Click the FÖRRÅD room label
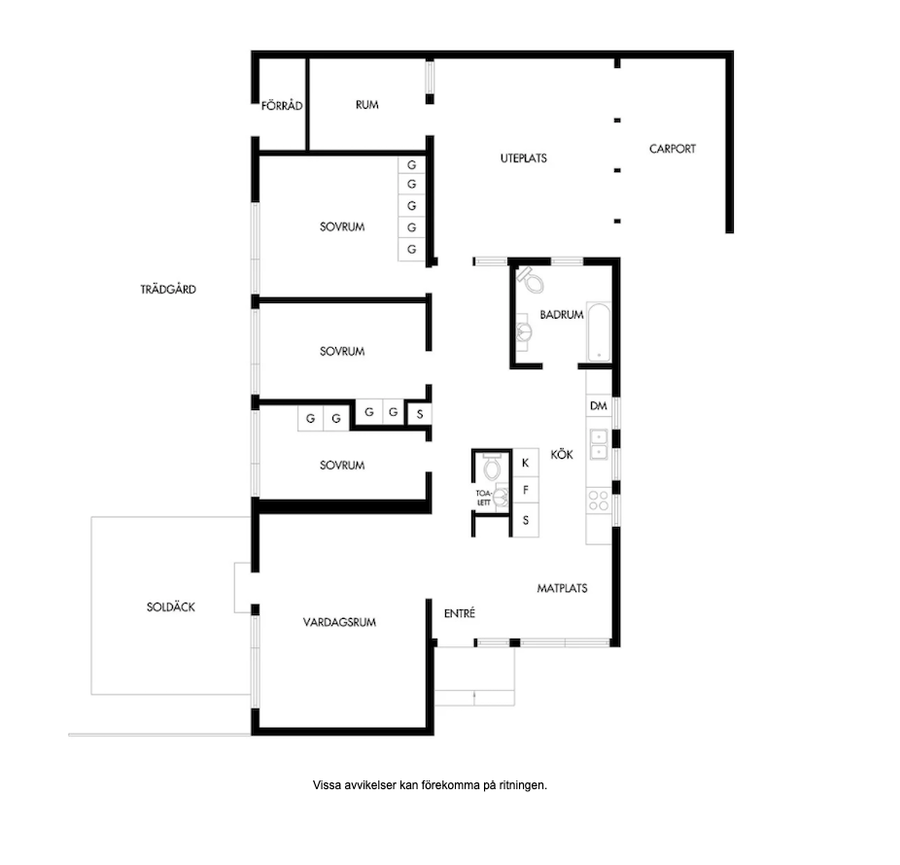coord(282,106)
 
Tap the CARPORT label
coord(673,149)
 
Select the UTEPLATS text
coord(524,158)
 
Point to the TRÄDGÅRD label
coord(168,290)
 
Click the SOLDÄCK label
coord(170,606)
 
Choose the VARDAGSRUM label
coord(339,622)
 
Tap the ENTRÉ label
coord(460,613)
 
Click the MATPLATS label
coord(562,588)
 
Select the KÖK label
coord(562,455)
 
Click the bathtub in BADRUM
coord(598,332)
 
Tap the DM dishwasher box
coord(598,406)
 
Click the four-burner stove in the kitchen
coord(598,500)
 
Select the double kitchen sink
coord(598,445)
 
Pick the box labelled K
coord(525,463)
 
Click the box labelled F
coord(525,490)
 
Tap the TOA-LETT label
coord(483,498)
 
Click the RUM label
coord(366,105)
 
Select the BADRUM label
coord(562,315)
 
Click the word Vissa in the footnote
coord(326,785)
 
